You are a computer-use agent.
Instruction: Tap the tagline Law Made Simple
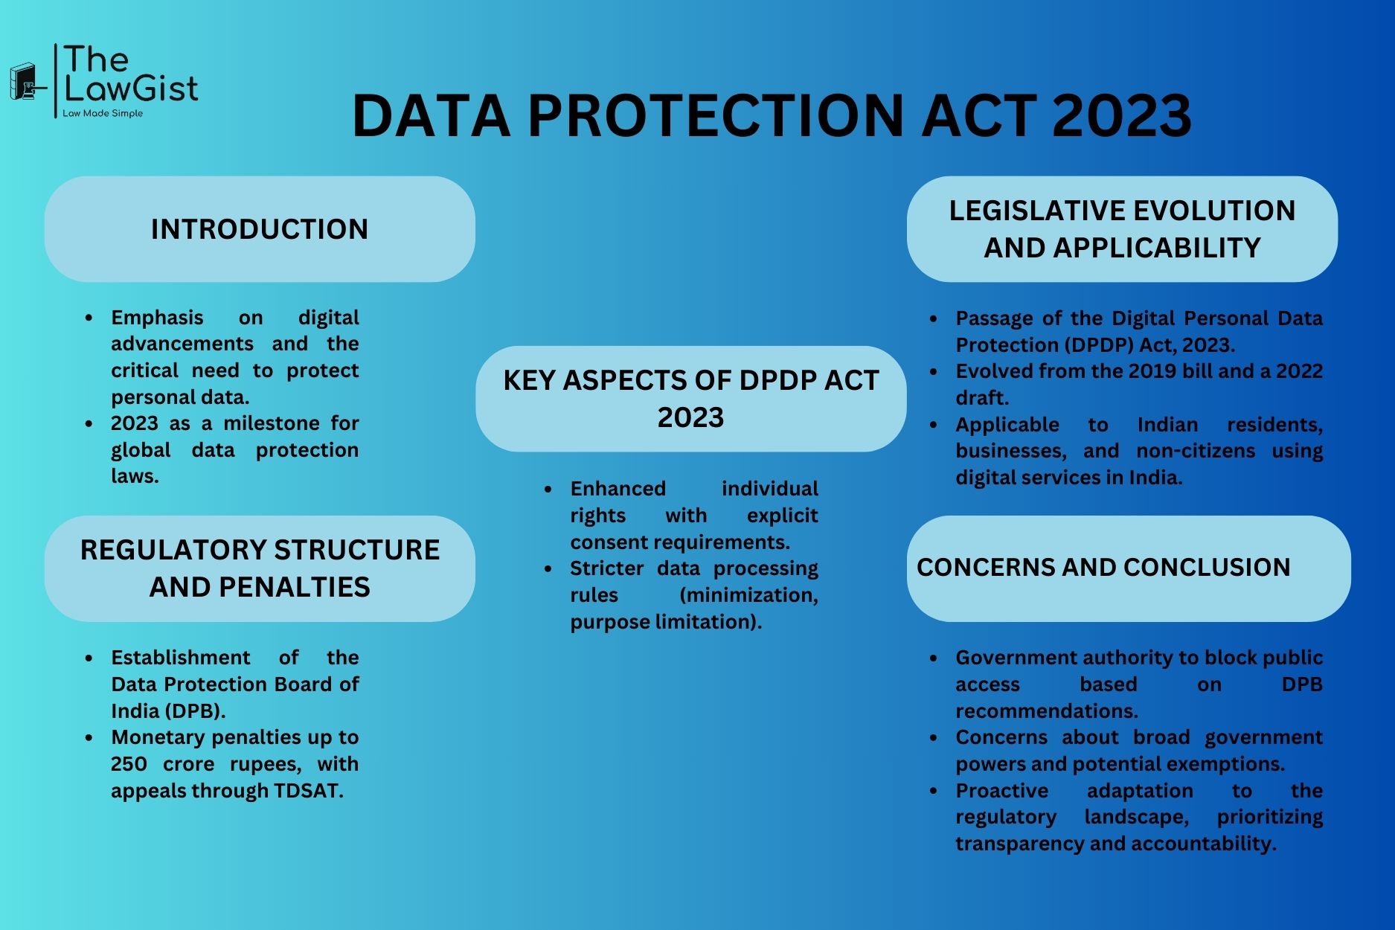pyautogui.click(x=103, y=114)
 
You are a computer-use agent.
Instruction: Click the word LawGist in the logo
pyautogui.click(x=132, y=89)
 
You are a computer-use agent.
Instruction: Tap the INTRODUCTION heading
pyautogui.click(x=260, y=229)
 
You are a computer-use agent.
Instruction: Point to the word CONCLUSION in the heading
pyautogui.click(x=1207, y=567)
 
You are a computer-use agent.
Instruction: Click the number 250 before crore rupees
pyautogui.click(x=129, y=764)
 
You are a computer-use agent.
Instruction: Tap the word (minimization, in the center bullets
pyautogui.click(x=748, y=595)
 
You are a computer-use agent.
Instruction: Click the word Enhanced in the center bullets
pyautogui.click(x=618, y=489)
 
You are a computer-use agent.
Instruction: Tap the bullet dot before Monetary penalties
pyautogui.click(x=89, y=738)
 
